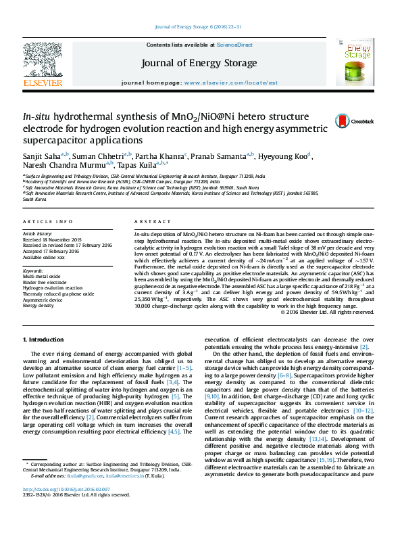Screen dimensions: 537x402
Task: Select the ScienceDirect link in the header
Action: [x=234, y=45]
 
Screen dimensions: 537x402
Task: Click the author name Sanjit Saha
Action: [x=43, y=156]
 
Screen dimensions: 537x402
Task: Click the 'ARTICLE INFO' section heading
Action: [x=47, y=221]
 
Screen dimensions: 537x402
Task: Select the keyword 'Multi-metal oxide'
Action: [x=42, y=277]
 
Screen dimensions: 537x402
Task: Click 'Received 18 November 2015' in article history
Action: [x=52, y=239]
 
